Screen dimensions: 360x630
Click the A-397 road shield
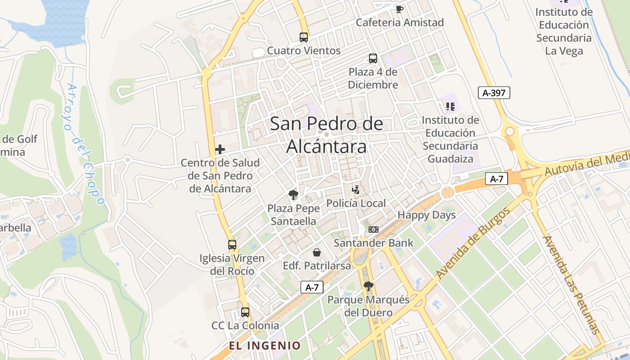[x=494, y=93]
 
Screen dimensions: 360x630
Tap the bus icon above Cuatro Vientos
[x=304, y=37]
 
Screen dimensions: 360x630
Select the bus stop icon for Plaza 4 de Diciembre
[x=373, y=58]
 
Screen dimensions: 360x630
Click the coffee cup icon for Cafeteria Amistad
[x=399, y=9]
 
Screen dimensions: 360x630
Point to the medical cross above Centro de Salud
[x=220, y=149]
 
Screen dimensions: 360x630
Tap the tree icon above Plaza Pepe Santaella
[x=293, y=195]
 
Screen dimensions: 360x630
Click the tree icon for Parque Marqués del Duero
[x=368, y=286]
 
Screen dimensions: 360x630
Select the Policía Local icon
[x=355, y=189]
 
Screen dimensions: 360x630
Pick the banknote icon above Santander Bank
[x=373, y=229]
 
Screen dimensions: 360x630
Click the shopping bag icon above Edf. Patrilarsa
[x=317, y=252]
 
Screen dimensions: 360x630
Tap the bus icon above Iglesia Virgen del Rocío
[x=232, y=245]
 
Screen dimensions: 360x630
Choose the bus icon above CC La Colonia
[x=245, y=312]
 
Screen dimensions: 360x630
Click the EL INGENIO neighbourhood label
[x=265, y=346]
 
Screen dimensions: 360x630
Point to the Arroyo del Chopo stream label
[x=85, y=144]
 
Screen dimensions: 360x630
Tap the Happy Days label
[x=427, y=215]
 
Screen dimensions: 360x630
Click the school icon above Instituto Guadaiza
[x=450, y=107]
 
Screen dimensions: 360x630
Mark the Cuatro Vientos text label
[x=304, y=50]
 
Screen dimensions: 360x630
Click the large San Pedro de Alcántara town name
[x=326, y=135]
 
